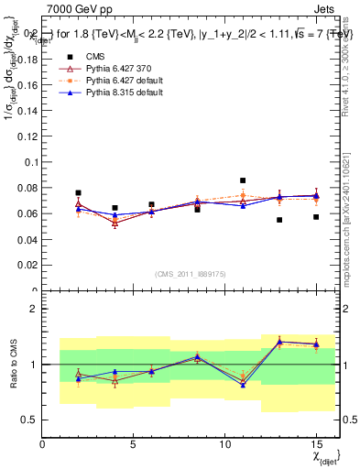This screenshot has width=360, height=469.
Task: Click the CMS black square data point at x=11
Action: [243, 180]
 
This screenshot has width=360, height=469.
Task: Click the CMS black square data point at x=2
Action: [79, 193]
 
